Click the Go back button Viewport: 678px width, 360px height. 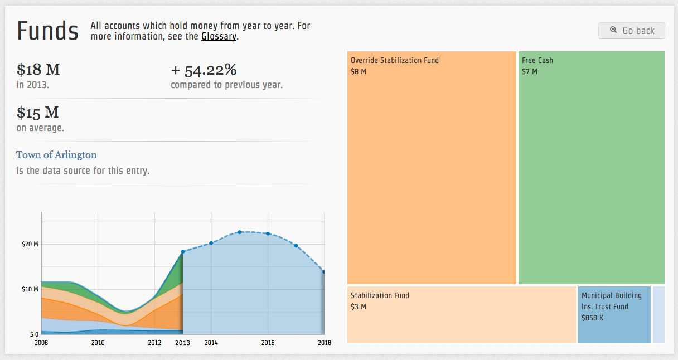point(631,31)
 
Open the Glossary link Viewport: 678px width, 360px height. point(219,37)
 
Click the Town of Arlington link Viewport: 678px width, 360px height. point(56,155)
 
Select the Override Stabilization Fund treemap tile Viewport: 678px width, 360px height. point(432,167)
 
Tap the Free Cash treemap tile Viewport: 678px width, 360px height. point(591,167)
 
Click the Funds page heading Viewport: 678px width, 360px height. point(48,31)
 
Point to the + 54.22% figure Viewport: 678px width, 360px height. point(204,70)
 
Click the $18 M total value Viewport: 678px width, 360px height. point(38,70)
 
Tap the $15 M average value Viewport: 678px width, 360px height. point(37,113)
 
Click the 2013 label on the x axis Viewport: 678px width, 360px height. point(182,343)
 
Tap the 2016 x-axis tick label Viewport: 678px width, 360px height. point(268,343)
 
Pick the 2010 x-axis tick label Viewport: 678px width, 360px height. point(98,343)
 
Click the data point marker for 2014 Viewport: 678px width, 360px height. point(211,243)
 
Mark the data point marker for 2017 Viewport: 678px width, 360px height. point(296,246)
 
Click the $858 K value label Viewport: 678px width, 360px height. point(592,318)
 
